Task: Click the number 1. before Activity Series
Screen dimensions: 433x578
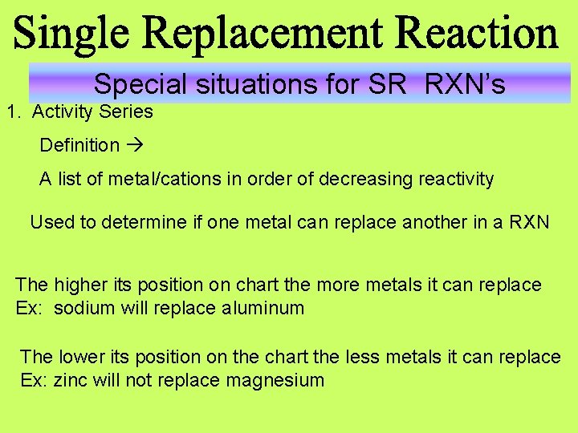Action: point(13,111)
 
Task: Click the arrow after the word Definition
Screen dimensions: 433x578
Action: point(134,145)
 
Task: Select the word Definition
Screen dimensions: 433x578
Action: point(79,145)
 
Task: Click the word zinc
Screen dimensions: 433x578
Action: point(71,380)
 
